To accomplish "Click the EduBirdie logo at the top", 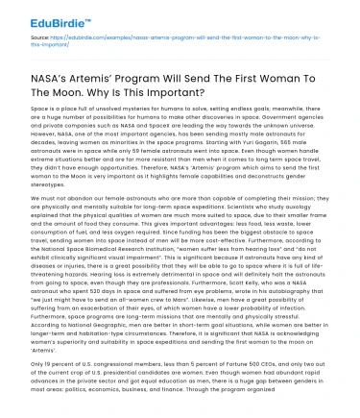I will click(38, 13).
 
